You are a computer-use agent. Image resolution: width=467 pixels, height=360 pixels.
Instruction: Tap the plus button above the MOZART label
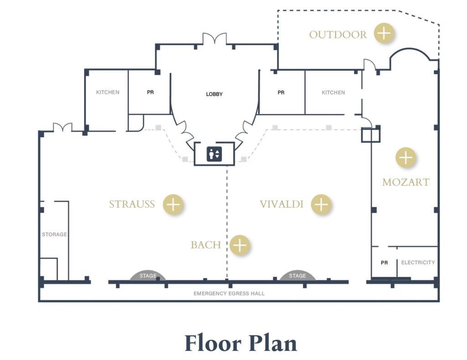point(405,158)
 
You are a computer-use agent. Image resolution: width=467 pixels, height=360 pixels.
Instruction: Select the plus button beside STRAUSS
point(173,204)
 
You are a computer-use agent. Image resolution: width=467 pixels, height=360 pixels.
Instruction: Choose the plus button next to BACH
point(240,245)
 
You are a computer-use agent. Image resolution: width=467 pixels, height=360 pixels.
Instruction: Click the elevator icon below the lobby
point(214,153)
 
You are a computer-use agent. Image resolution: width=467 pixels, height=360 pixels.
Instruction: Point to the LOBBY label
point(214,94)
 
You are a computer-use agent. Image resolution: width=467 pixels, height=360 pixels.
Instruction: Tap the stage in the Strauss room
point(148,276)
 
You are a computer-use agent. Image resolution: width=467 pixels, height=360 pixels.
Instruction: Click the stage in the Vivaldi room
point(297,276)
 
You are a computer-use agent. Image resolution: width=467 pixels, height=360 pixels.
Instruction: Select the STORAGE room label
point(54,235)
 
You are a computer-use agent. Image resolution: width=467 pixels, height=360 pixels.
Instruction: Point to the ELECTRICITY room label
point(418,262)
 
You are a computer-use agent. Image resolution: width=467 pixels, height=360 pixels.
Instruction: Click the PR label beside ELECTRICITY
point(384,263)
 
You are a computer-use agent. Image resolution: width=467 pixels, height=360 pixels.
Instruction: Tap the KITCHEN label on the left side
point(108,92)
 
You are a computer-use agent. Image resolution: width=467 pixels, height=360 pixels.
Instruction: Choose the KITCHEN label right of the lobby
point(333,93)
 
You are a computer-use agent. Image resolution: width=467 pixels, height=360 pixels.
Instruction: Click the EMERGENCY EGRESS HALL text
point(229,293)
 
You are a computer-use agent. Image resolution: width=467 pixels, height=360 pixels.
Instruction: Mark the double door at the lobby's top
point(214,39)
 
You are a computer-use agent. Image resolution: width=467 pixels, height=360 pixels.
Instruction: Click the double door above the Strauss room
point(62,127)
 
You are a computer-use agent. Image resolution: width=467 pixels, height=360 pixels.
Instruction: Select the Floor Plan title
point(240,343)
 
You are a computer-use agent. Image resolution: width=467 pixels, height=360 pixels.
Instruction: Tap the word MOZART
point(405,182)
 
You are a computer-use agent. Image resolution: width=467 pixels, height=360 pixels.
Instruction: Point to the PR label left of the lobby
point(150,92)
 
